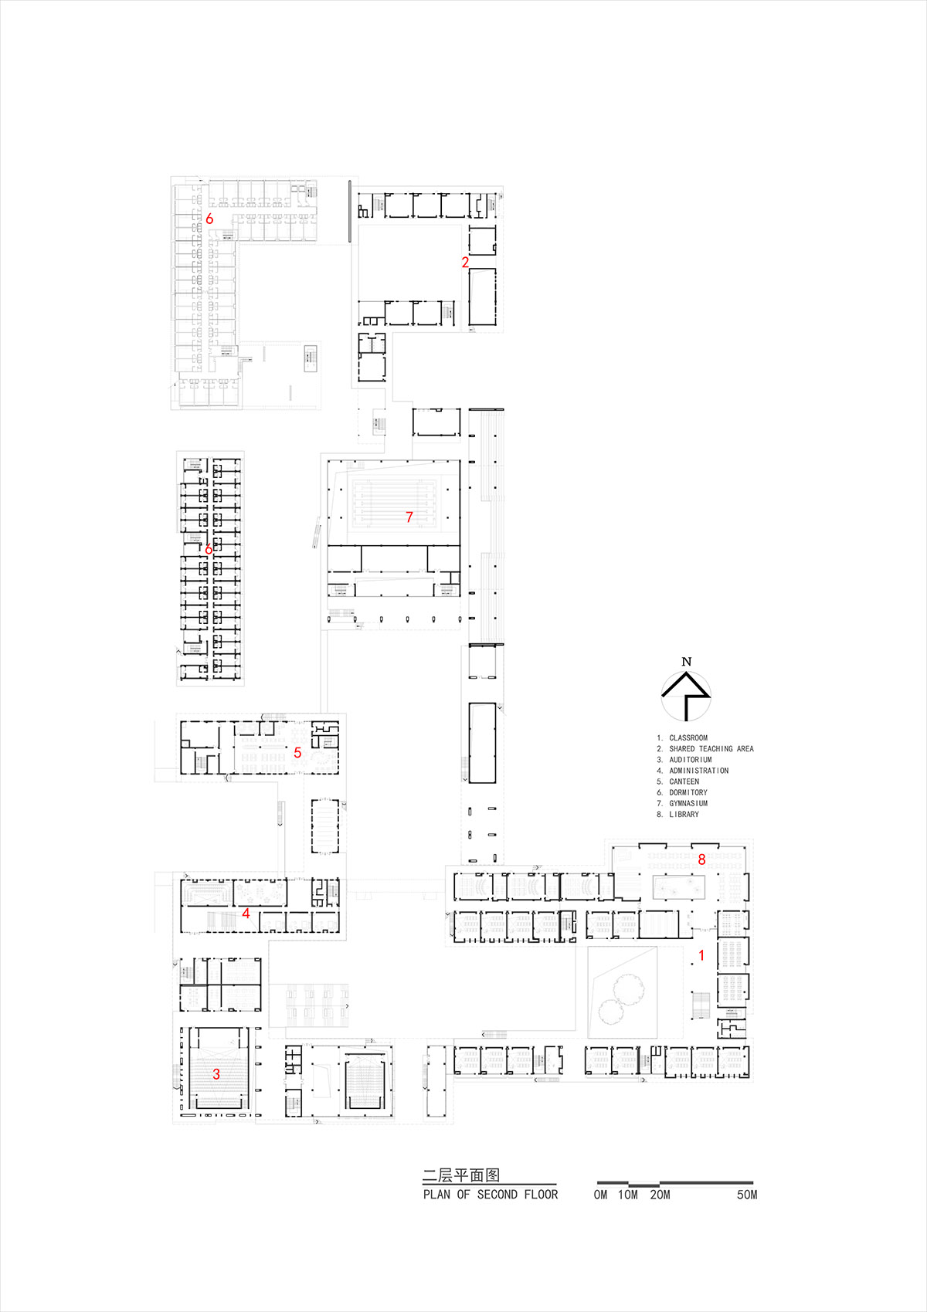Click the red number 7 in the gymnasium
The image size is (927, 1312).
tap(409, 517)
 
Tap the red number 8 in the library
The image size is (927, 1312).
tap(701, 859)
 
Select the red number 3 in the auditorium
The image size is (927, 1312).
tap(216, 1073)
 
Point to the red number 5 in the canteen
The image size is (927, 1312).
tap(297, 752)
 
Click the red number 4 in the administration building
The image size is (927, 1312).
tap(246, 914)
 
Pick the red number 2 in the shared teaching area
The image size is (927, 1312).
tap(465, 263)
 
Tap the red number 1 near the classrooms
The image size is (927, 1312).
tap(701, 955)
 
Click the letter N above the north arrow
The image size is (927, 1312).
tap(687, 661)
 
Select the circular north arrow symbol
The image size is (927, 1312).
tap(686, 695)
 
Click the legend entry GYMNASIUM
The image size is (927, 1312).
tap(688, 803)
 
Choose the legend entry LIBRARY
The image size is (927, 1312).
tap(684, 814)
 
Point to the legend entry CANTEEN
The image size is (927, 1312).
tap(684, 781)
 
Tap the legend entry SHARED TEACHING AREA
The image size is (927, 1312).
tap(711, 748)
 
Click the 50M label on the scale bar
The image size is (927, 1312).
tap(747, 1195)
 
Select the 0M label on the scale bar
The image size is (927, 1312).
tap(600, 1195)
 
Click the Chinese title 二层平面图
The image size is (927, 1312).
tap(461, 1175)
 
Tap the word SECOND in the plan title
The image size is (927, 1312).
tap(497, 1195)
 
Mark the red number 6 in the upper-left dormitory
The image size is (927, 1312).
tap(209, 219)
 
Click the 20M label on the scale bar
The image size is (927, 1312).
tap(660, 1195)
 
